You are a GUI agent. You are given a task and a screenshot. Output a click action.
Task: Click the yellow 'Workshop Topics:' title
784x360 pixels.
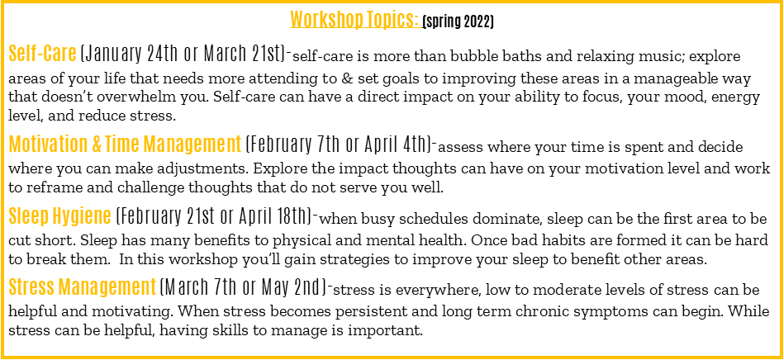click(x=354, y=20)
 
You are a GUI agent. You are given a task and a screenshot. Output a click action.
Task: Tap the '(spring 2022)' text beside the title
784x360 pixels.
click(x=458, y=22)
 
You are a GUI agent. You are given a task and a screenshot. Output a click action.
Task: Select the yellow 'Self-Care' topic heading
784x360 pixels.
click(x=42, y=53)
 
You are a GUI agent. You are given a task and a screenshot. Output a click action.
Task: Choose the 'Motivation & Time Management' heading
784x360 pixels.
click(x=125, y=144)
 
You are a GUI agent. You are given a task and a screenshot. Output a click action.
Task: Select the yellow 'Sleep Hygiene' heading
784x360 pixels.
click(x=59, y=216)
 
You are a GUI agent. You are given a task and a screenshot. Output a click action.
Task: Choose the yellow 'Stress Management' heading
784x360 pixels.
click(x=83, y=287)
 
